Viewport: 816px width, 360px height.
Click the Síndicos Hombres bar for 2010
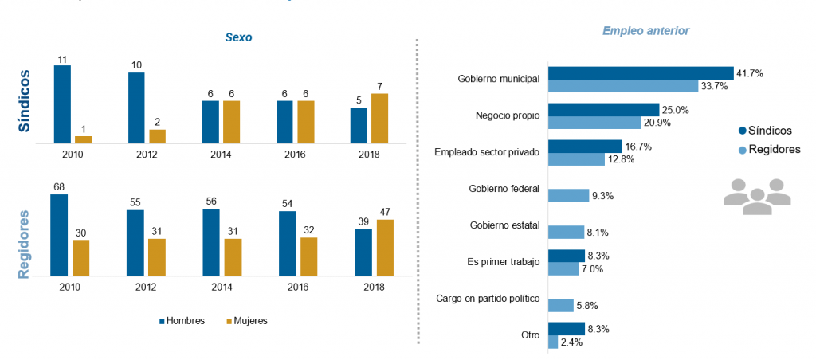pos(62,104)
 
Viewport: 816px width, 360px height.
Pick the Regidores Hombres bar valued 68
pos(59,234)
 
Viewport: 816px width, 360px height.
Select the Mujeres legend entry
pos(247,321)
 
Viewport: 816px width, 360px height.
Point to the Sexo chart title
pos(238,37)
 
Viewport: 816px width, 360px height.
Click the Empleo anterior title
pos(645,30)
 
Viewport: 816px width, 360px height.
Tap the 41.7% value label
pos(750,73)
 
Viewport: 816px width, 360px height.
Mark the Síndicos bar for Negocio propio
pos(603,109)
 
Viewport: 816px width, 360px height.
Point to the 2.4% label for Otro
pos(572,342)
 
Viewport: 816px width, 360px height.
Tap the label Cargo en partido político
pos(488,299)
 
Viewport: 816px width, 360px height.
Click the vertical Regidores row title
pos(25,244)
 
